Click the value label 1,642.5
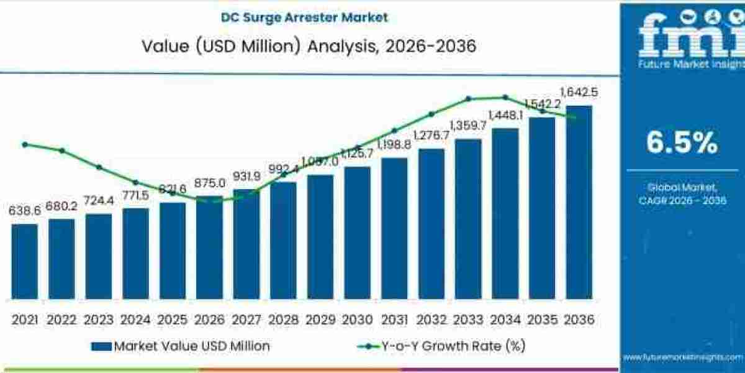(x=579, y=93)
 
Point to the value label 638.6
(x=25, y=211)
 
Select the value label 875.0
(x=209, y=184)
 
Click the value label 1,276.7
(x=431, y=136)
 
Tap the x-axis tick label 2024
(x=135, y=320)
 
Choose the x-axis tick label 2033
(x=467, y=320)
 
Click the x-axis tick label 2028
(x=283, y=320)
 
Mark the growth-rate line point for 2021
(x=25, y=144)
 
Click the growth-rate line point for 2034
(x=505, y=97)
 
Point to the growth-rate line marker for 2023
(x=99, y=167)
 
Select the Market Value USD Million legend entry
(x=180, y=346)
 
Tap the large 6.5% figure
(x=682, y=144)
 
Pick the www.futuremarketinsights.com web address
(x=683, y=357)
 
